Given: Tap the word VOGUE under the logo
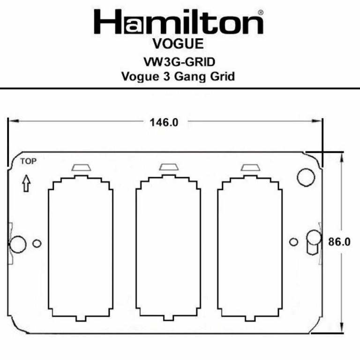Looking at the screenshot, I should point(178,45).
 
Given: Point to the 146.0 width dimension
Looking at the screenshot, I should point(164,123).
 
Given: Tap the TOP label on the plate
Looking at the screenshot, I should point(29,161).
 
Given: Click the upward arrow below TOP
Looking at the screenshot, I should point(26,184).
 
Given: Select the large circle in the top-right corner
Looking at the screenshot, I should point(306,176).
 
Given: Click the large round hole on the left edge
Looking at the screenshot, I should point(17,244).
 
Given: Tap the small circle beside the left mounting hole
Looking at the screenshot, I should point(37,243).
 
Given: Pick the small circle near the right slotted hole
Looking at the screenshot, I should point(293,242).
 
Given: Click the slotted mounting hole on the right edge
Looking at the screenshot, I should point(312,242).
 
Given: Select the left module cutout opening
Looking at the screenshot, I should point(81,248).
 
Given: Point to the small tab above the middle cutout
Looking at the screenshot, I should point(168,167).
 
